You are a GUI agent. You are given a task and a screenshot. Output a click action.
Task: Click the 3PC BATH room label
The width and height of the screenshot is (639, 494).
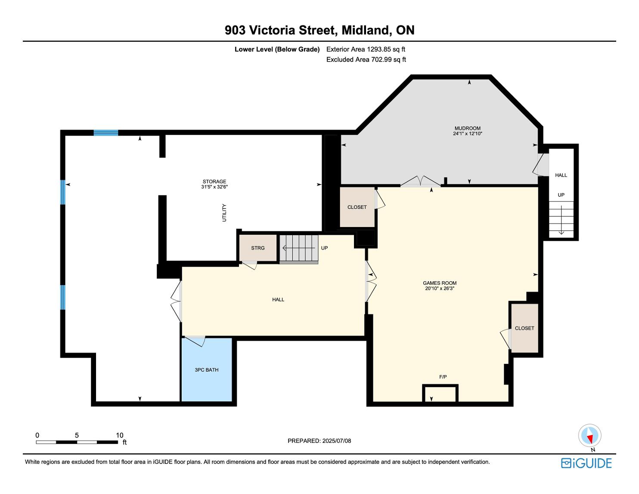(x=206, y=370)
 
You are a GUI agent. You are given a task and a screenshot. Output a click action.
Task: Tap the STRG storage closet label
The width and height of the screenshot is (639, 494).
(x=257, y=248)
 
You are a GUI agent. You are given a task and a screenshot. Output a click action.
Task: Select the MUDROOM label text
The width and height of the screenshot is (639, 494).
(x=468, y=128)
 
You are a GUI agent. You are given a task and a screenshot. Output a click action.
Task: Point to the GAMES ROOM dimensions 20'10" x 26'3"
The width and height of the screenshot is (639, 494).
(x=440, y=289)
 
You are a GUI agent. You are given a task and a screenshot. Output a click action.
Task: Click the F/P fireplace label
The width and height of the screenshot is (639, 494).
(x=443, y=377)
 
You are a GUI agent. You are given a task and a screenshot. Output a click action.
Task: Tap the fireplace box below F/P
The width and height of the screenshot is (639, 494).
(x=440, y=394)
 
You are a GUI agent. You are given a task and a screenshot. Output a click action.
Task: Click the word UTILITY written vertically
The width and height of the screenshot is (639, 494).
(x=224, y=213)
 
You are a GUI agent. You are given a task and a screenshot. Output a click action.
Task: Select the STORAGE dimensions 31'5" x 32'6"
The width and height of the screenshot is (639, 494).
(x=214, y=187)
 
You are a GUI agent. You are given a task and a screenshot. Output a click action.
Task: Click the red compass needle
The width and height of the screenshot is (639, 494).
(x=589, y=439)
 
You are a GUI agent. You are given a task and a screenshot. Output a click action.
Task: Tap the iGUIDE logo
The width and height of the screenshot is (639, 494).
(x=586, y=463)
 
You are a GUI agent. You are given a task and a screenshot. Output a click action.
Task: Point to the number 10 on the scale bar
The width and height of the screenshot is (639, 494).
(x=119, y=435)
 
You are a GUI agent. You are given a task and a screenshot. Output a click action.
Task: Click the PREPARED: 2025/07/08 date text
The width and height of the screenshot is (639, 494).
(x=319, y=441)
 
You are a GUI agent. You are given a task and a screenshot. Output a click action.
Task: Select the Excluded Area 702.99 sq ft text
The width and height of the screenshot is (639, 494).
(x=366, y=59)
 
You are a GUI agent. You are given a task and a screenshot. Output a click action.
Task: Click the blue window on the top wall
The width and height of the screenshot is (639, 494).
(x=106, y=133)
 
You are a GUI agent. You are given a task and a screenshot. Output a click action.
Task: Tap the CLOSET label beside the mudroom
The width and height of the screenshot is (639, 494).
(x=357, y=207)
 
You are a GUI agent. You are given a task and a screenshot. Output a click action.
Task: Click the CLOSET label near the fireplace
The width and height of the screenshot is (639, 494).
(x=524, y=328)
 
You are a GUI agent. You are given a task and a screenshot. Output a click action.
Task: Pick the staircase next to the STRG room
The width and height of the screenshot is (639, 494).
(x=299, y=249)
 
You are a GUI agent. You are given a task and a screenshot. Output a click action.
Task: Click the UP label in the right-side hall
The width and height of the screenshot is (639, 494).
(x=561, y=195)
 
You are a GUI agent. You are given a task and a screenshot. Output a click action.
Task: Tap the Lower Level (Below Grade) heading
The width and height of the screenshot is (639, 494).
(x=277, y=50)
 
